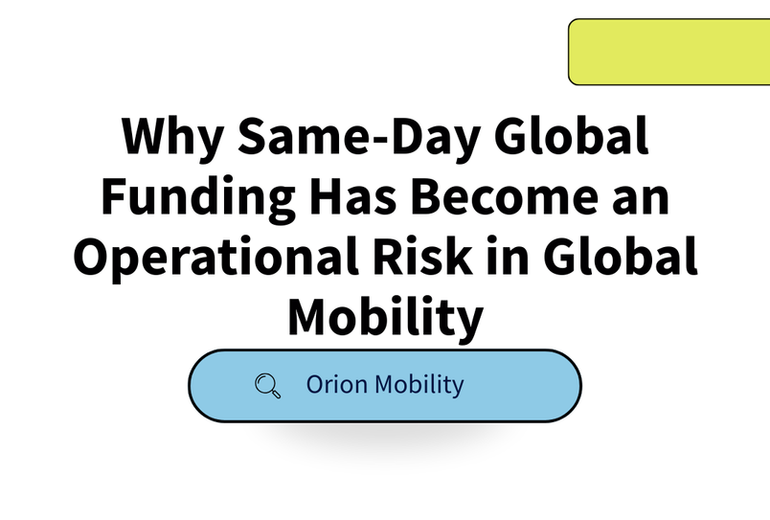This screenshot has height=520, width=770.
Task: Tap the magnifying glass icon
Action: pos(268,386)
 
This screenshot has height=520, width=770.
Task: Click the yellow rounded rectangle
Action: pos(668,52)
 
